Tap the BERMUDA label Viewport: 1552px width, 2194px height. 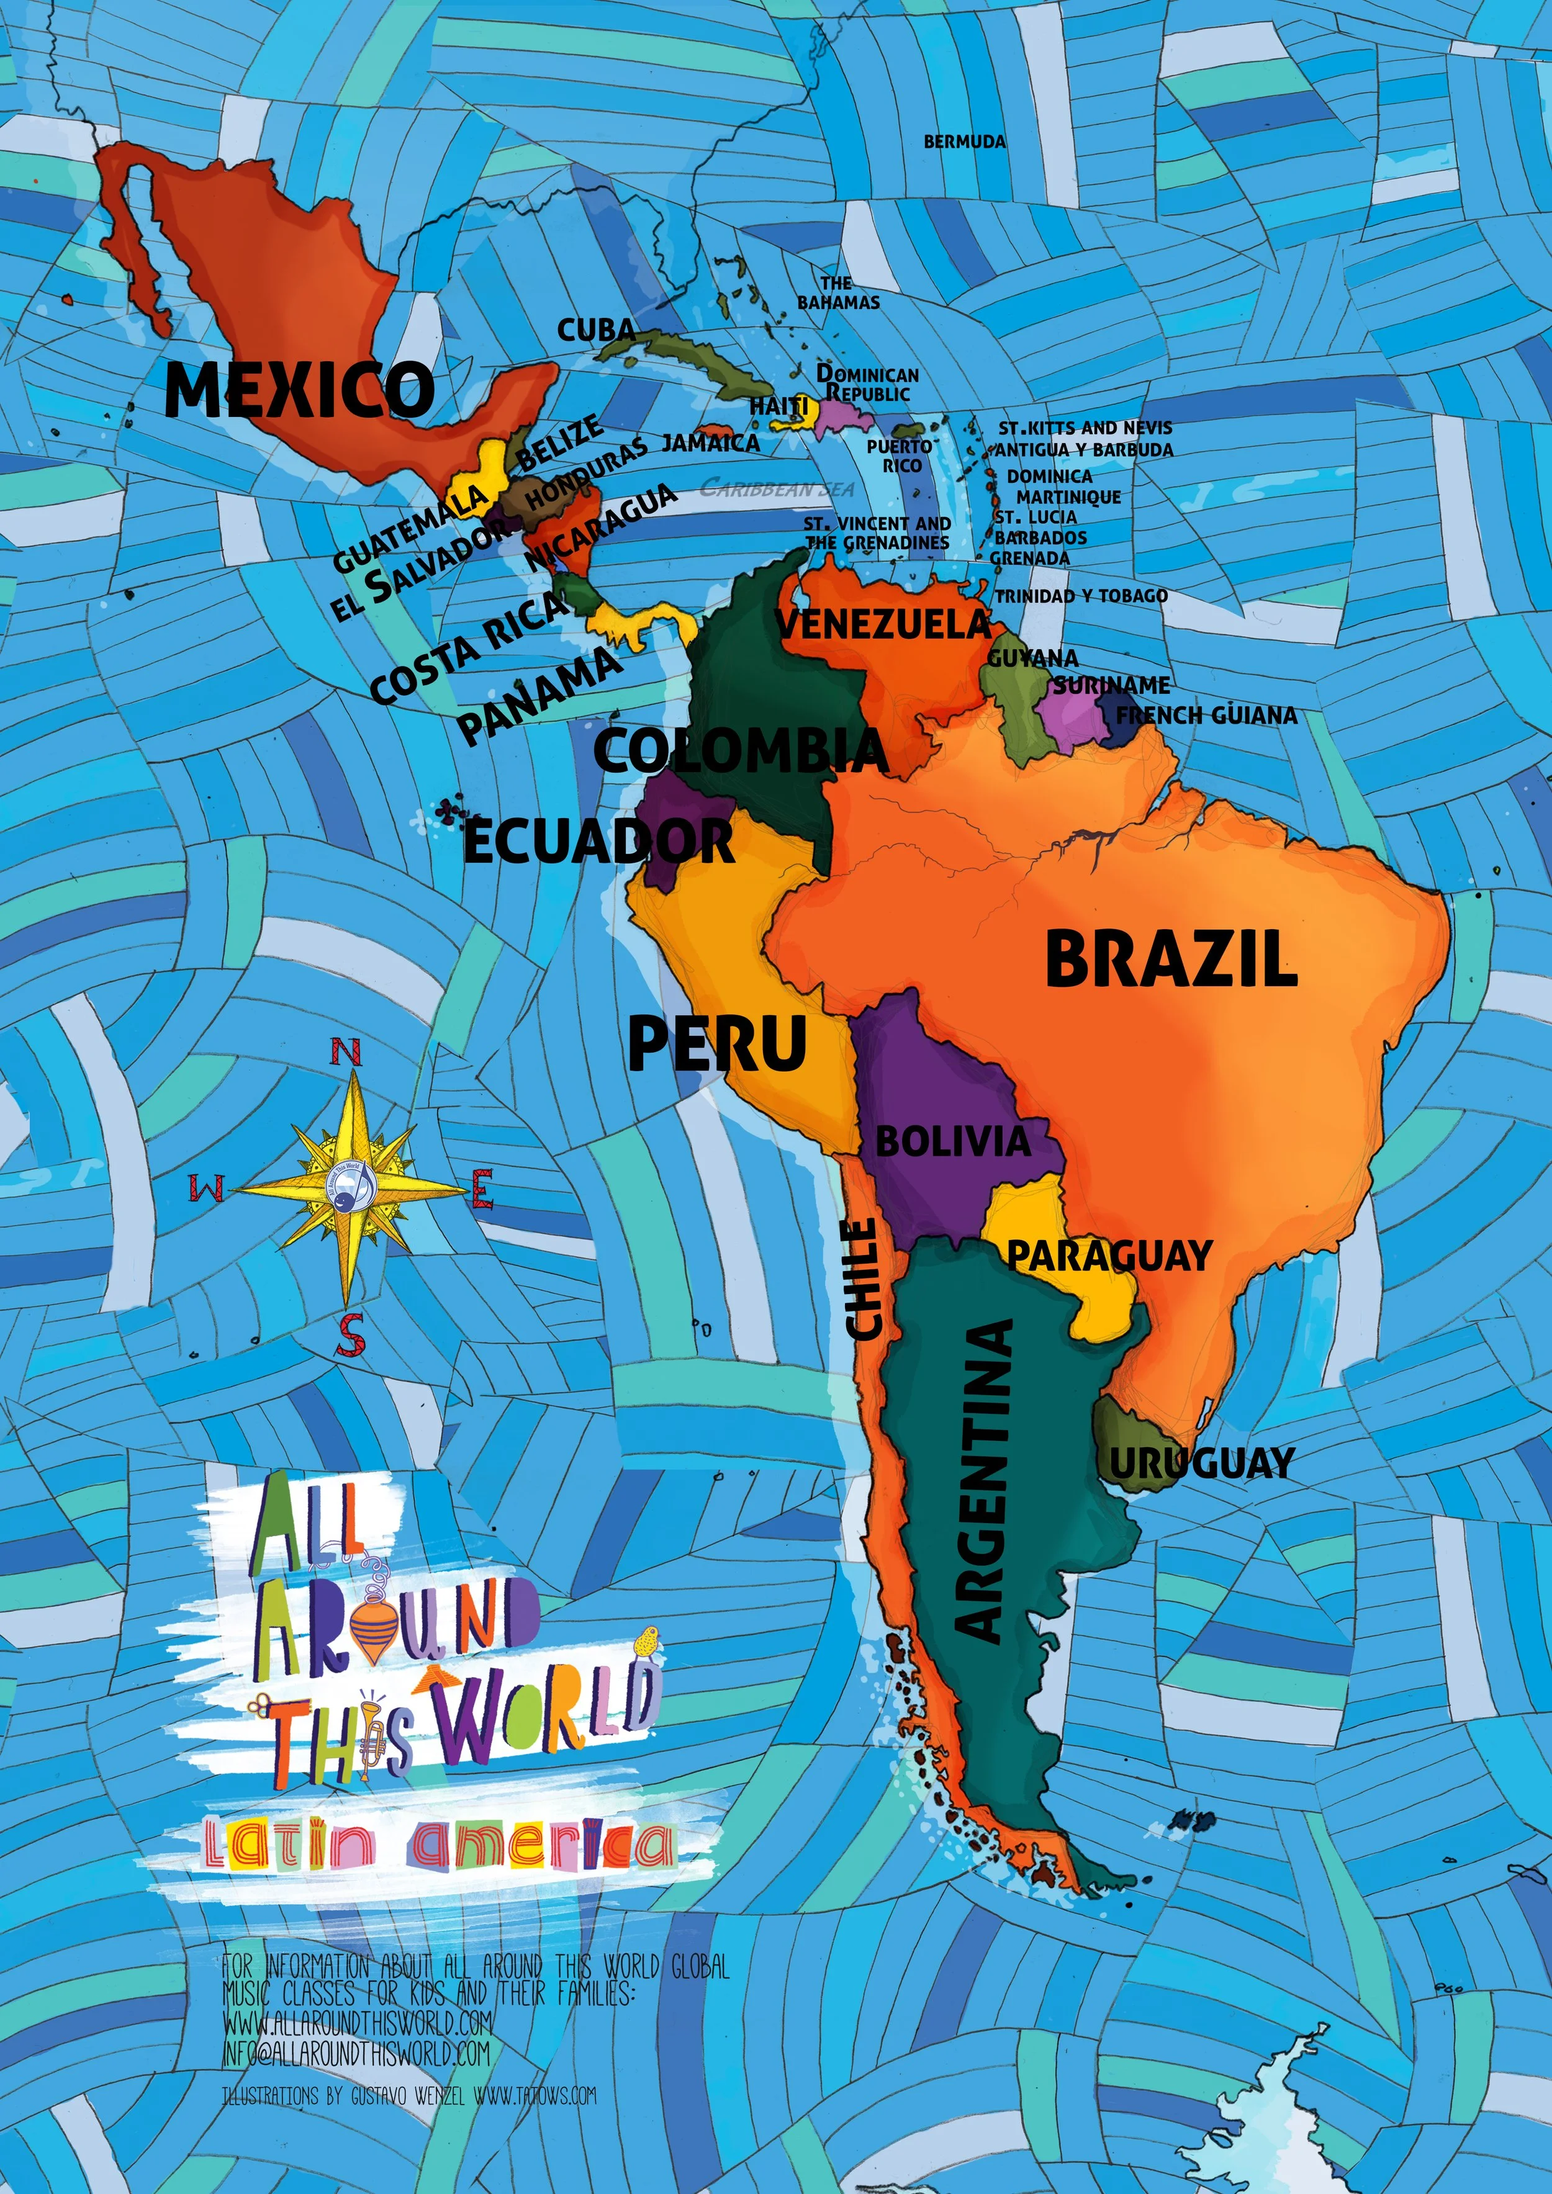pos(964,142)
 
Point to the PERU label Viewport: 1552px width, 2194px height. pos(717,1043)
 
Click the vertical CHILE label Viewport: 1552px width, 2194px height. pos(863,1279)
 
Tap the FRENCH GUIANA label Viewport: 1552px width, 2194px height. pos(1206,715)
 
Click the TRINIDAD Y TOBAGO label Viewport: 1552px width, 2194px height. pos(1081,595)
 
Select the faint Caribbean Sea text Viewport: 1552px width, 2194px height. pos(777,488)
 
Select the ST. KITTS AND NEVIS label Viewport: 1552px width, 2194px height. pos(1085,428)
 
